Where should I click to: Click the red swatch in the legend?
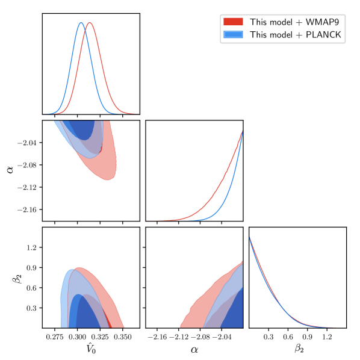point(233,22)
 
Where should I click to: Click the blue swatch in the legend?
point(233,35)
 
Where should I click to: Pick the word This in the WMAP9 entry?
point(258,22)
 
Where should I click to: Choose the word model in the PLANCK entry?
point(278,35)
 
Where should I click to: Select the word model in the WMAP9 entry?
point(278,22)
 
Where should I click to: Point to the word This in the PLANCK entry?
point(258,35)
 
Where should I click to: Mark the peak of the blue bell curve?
point(81,22)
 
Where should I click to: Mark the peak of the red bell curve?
point(90,23)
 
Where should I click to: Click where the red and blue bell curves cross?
point(85,26)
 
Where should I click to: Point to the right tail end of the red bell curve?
point(138,114)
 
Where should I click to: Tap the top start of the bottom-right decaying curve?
point(250,238)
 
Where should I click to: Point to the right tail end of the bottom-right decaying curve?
point(335,327)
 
